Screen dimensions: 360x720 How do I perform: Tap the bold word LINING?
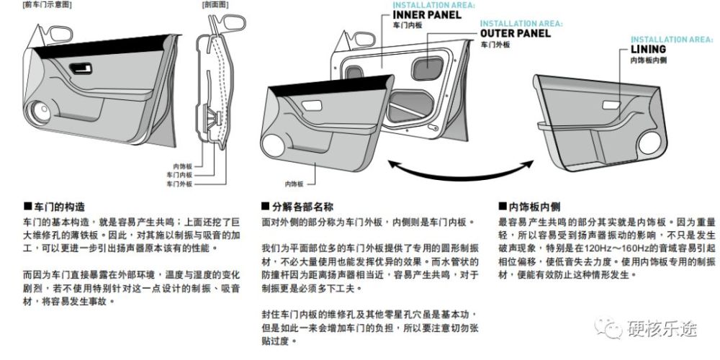click(647, 50)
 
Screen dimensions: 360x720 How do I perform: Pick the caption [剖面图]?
click(215, 4)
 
